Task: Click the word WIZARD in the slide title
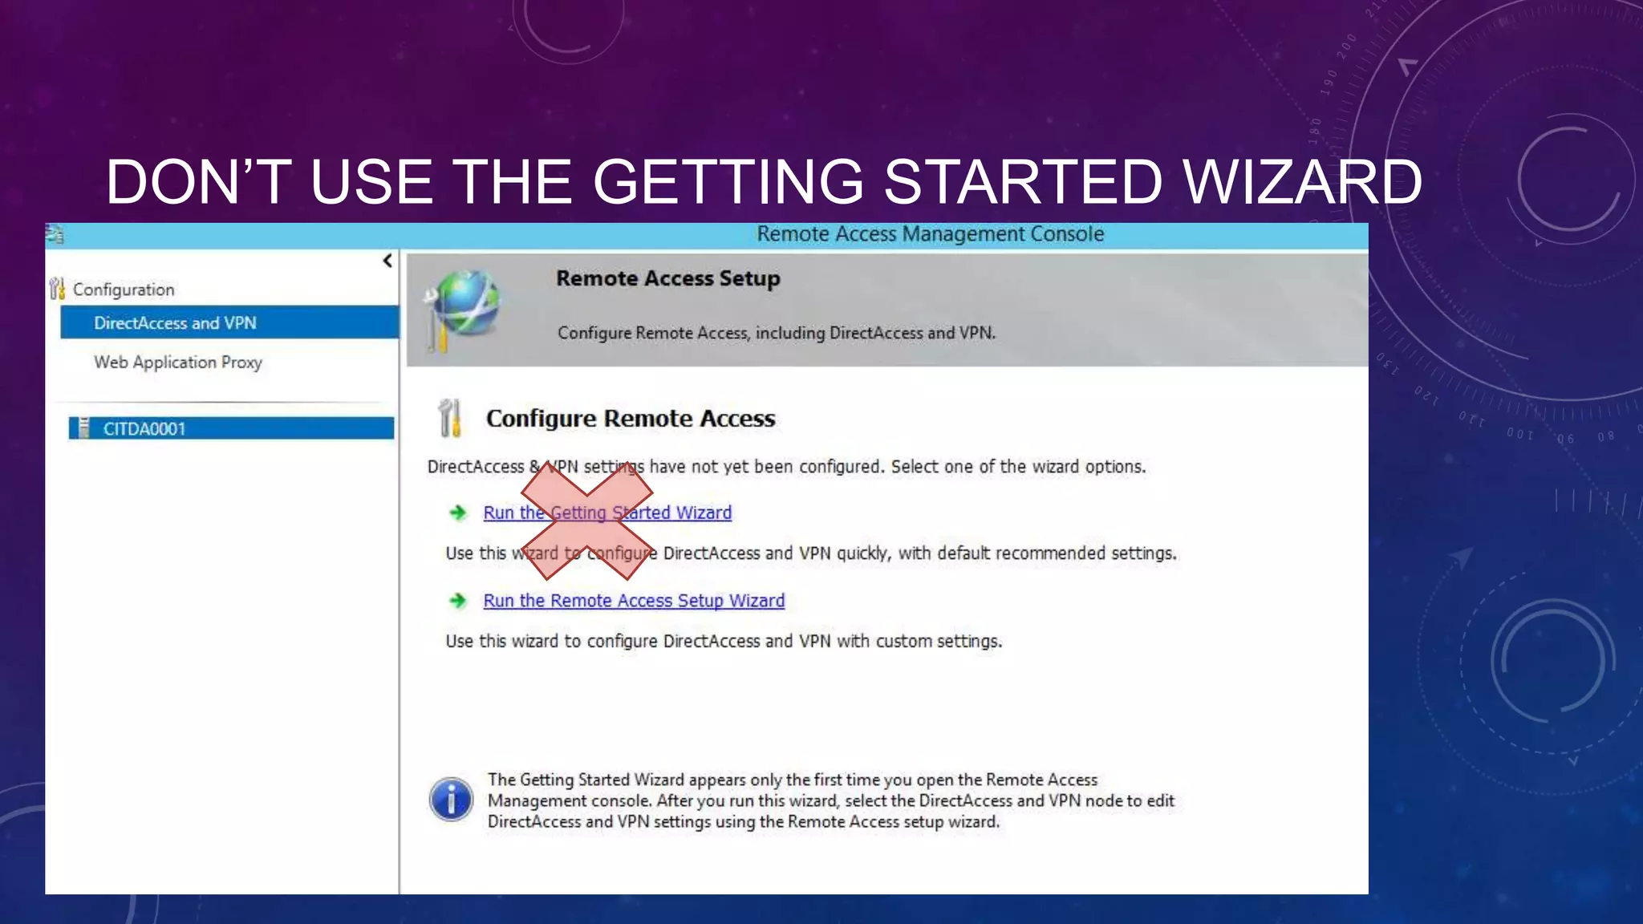click(x=1302, y=182)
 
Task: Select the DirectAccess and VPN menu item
click(x=175, y=322)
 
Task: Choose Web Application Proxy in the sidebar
click(x=178, y=362)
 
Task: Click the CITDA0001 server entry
click(x=144, y=428)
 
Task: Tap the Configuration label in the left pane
click(x=124, y=290)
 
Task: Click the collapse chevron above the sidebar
click(x=387, y=261)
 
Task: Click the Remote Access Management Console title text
click(x=930, y=234)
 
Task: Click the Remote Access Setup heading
click(x=667, y=278)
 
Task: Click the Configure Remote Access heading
click(x=631, y=418)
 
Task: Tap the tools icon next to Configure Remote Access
click(x=450, y=418)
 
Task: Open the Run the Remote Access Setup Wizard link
click(x=634, y=601)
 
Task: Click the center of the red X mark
click(x=587, y=521)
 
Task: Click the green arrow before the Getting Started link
click(x=458, y=513)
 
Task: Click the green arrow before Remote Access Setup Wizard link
click(x=458, y=601)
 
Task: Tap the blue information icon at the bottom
click(x=452, y=799)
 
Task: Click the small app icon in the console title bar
click(x=55, y=234)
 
